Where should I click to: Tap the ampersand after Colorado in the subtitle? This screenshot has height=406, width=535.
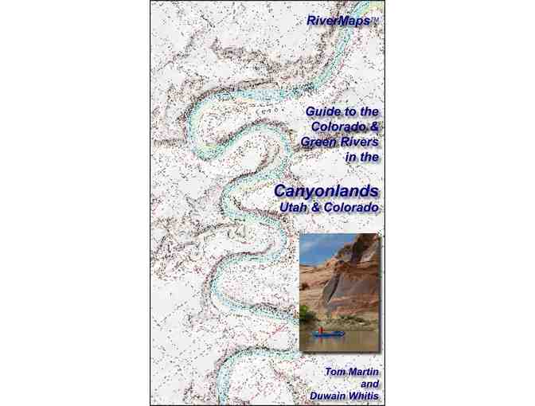point(374,127)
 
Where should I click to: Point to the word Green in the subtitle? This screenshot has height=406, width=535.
point(318,142)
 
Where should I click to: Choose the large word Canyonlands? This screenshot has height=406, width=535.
point(326,191)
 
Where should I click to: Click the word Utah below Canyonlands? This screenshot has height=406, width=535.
point(293,208)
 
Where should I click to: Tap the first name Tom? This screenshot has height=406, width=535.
point(335,372)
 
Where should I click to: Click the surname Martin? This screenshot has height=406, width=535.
point(365,372)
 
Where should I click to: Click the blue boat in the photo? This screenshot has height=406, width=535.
point(327,334)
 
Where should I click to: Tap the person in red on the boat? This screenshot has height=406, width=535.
point(321,329)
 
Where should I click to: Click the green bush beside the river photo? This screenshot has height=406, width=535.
point(307,313)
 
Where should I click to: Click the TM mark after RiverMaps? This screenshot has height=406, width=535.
point(375,18)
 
